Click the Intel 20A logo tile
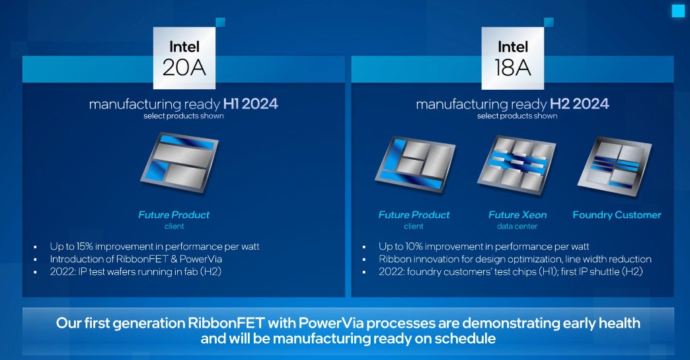[184, 58]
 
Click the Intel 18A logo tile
[513, 58]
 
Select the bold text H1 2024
[251, 104]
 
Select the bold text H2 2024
[580, 104]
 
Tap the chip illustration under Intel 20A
[180, 162]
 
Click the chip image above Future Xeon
[516, 165]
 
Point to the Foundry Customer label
[617, 215]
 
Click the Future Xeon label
[517, 215]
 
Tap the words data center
[517, 227]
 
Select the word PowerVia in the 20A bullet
[201, 259]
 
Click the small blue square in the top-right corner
[679, 11]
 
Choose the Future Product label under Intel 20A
[174, 215]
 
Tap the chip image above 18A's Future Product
[415, 164]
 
